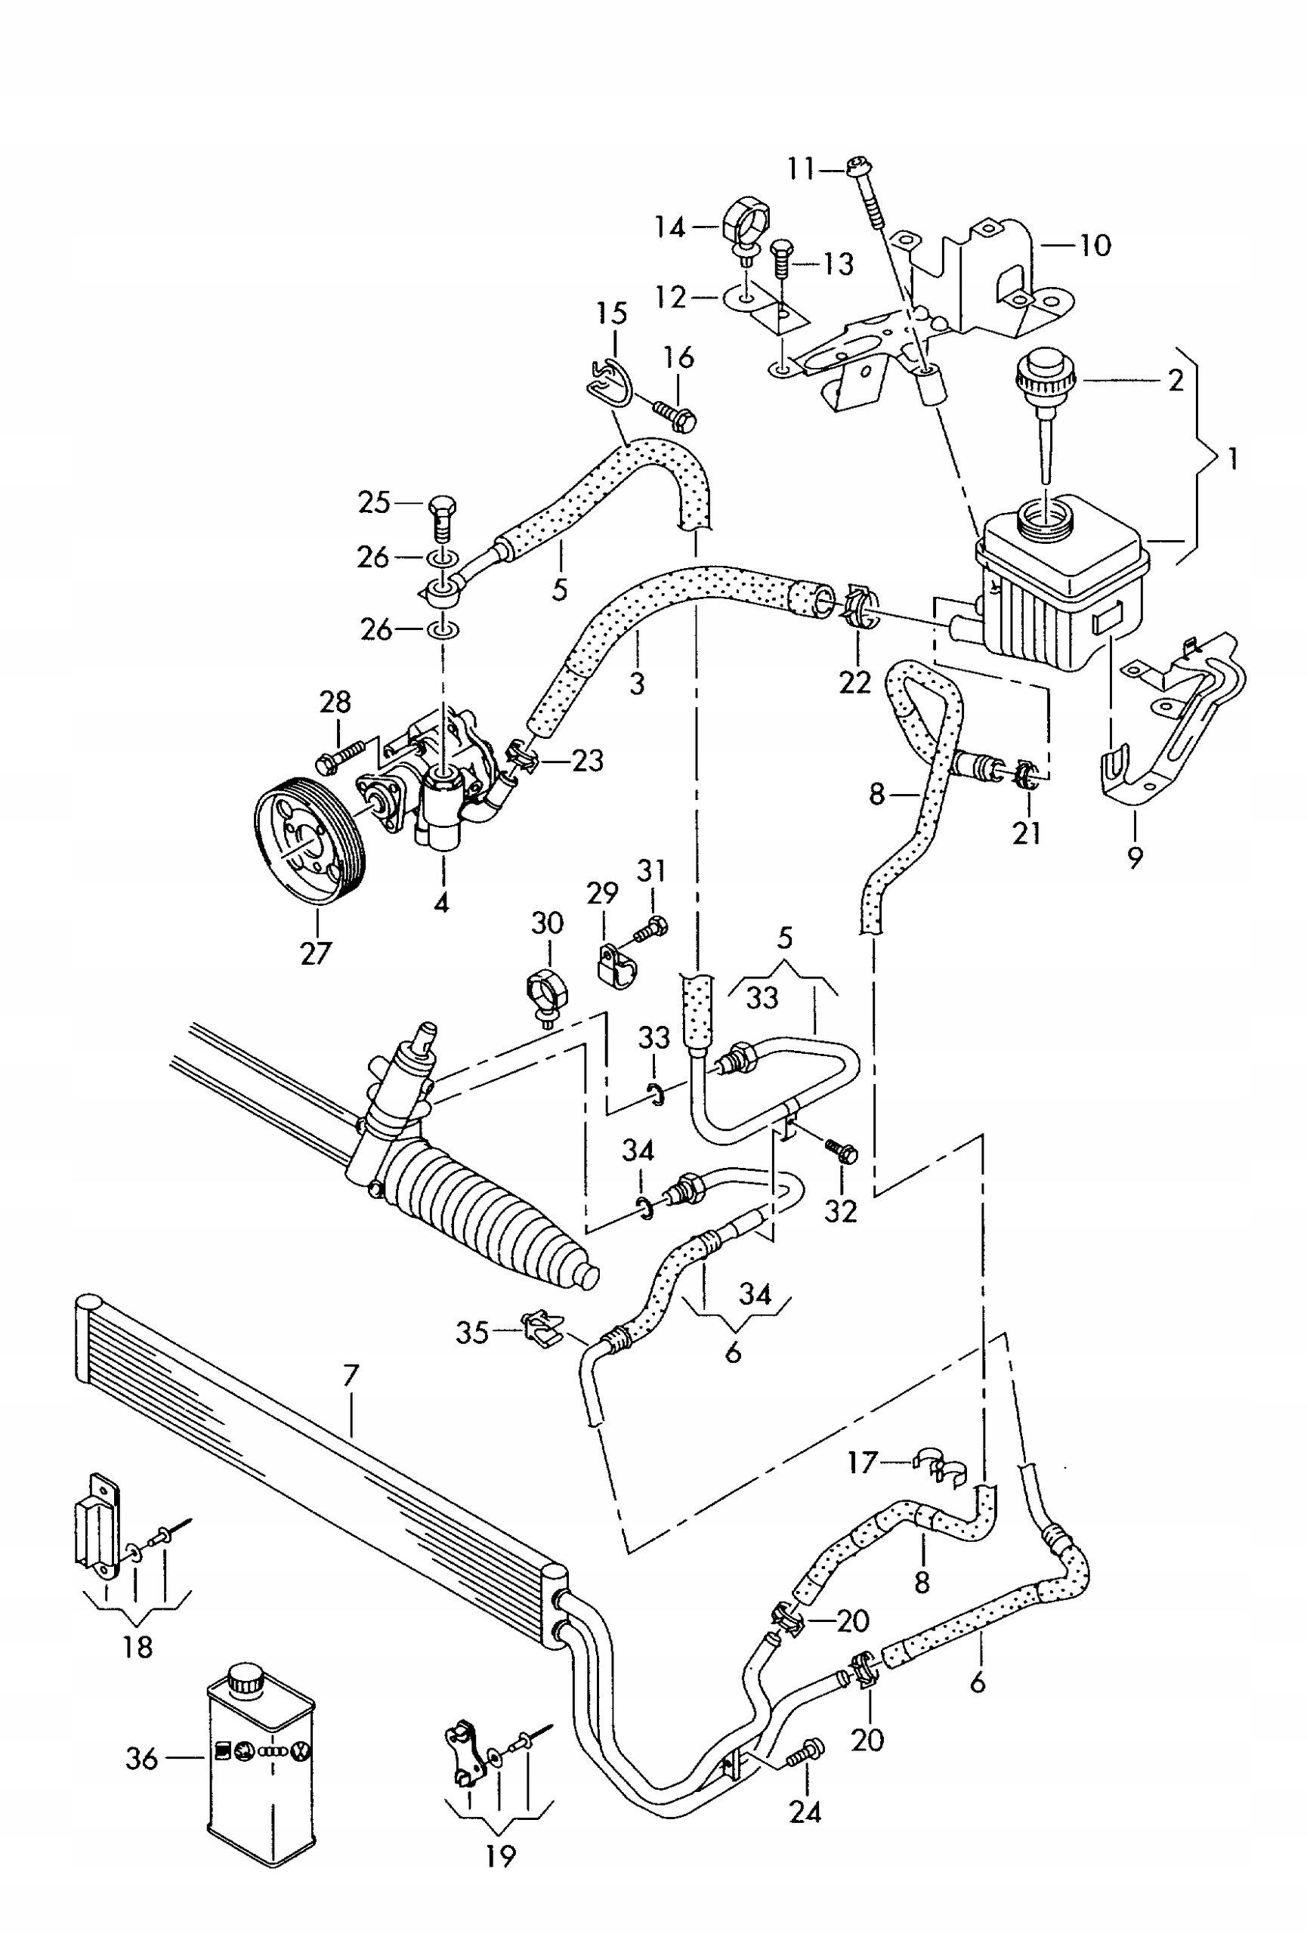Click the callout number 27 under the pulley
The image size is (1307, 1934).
coord(316,952)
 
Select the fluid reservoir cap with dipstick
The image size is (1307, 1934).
coord(1046,416)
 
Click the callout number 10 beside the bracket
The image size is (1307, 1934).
coord(1095,246)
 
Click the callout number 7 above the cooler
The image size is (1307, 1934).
coord(351,1376)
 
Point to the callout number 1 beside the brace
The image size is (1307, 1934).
coord(1233,459)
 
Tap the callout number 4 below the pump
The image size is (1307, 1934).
coord(442,901)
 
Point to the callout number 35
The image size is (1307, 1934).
coord(471,1333)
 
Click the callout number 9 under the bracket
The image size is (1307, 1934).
coord(1136,856)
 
